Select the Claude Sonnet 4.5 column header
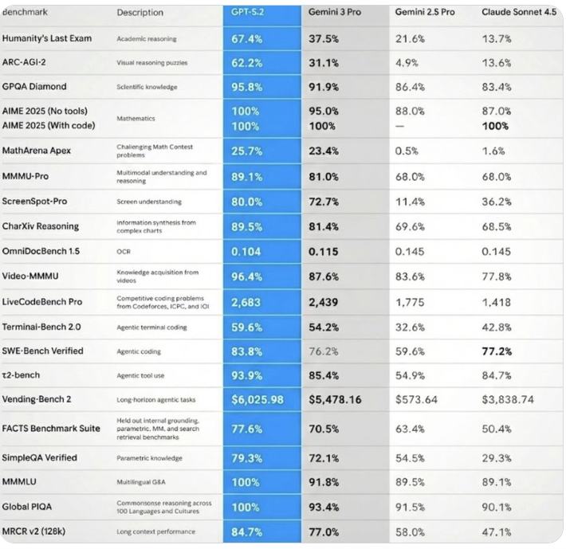[519, 13]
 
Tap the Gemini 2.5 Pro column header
[425, 13]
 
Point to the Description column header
[140, 13]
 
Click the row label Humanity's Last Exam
[47, 38]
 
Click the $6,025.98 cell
[257, 399]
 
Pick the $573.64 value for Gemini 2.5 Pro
[416, 399]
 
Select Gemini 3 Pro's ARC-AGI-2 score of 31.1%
[324, 62]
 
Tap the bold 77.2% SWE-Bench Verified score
[498, 351]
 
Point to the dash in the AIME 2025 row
[399, 126]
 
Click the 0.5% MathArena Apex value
[406, 151]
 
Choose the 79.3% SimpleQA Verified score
[247, 458]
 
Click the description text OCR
[123, 251]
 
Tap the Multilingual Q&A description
[144, 482]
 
